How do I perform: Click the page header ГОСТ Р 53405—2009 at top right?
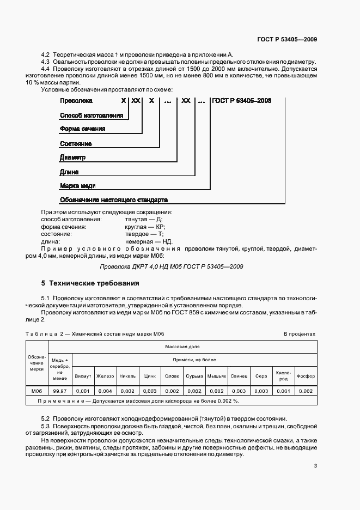click(286, 39)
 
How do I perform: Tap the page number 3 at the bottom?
click(315, 466)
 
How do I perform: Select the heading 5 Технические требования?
click(90, 283)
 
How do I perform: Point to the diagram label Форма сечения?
click(82, 129)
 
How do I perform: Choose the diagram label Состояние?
click(76, 143)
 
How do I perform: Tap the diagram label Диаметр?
click(73, 157)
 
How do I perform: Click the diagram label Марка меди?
click(77, 186)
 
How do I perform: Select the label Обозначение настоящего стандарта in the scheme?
click(113, 200)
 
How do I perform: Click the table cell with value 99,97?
click(60, 391)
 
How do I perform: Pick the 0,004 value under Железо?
click(105, 391)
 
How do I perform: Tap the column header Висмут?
click(83, 376)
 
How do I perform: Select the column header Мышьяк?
click(216, 376)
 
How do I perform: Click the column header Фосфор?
click(306, 376)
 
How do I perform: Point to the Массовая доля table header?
click(182, 346)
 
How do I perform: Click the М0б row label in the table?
click(37, 391)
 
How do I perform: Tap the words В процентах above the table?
click(299, 333)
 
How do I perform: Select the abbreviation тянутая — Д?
click(140, 219)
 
